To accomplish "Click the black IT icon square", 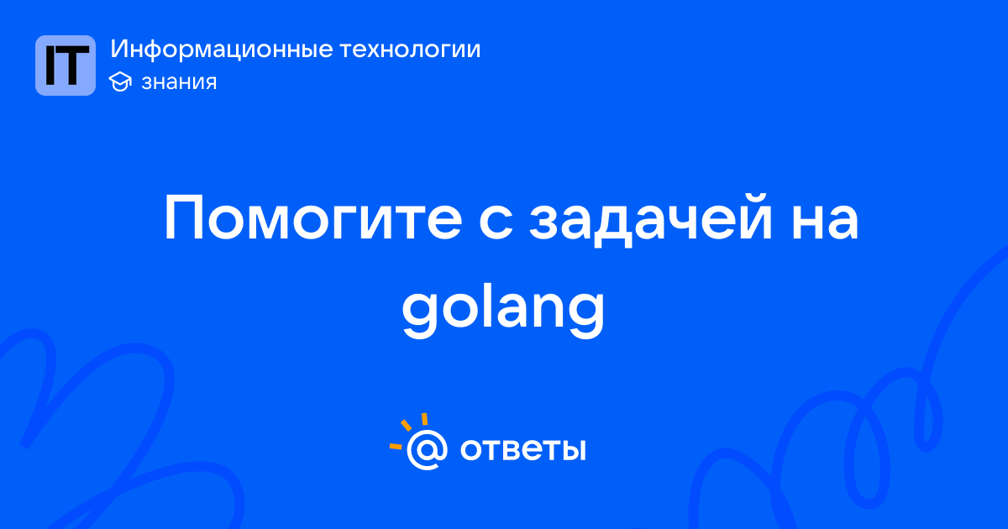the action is point(66,65).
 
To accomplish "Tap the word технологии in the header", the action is point(410,50).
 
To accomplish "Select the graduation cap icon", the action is point(120,81).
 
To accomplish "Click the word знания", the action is point(179,82).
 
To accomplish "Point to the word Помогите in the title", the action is point(313,217).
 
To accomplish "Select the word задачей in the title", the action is point(651,219).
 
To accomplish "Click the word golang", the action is point(503,310).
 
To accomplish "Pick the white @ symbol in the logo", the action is point(427,450).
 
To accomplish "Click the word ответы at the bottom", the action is point(522,450).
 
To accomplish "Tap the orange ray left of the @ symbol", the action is point(395,446).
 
